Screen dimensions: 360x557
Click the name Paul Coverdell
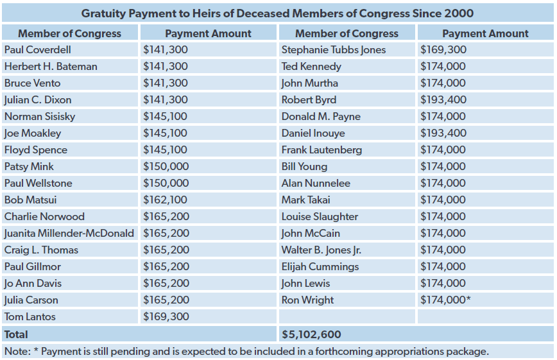point(37,49)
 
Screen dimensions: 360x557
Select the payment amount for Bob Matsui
point(166,200)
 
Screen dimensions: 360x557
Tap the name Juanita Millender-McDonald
point(69,233)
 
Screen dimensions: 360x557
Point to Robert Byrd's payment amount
point(443,99)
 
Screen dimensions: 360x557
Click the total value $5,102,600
point(311,334)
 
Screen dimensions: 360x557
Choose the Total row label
point(16,334)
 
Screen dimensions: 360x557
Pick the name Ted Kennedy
point(311,66)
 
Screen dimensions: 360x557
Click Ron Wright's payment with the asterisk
point(446,300)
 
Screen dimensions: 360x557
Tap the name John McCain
point(311,233)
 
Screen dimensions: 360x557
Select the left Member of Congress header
point(69,33)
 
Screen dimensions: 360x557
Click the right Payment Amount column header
point(485,33)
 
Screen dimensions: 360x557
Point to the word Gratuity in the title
point(103,13)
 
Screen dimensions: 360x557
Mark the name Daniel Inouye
point(313,133)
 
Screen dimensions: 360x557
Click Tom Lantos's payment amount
point(166,316)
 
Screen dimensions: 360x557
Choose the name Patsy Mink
point(29,166)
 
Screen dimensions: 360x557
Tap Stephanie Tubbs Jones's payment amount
point(443,49)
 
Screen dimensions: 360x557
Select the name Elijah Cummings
point(320,266)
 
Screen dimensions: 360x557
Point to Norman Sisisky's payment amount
point(166,116)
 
